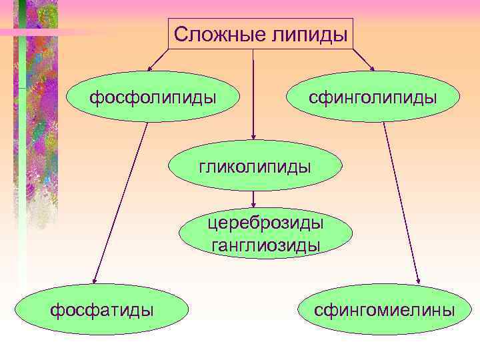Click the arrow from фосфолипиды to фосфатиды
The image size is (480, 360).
click(x=121, y=200)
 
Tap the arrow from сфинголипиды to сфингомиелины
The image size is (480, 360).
click(x=402, y=200)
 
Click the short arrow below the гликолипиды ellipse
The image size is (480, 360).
click(x=254, y=199)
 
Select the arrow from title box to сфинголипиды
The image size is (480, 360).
click(x=363, y=60)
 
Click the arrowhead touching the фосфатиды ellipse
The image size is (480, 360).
click(x=95, y=281)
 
